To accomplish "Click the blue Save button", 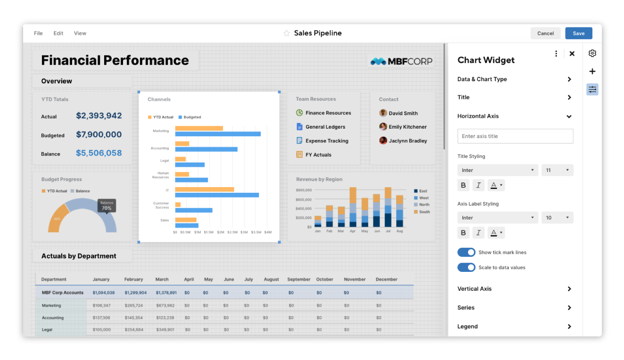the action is pyautogui.click(x=579, y=33).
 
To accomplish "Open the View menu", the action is pyautogui.click(x=80, y=33).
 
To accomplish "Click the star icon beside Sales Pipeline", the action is pyautogui.click(x=287, y=33).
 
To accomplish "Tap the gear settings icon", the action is pyautogui.click(x=592, y=53).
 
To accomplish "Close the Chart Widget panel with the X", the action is pyautogui.click(x=572, y=53).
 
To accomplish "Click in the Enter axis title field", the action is pyautogui.click(x=515, y=136).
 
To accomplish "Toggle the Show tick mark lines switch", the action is pyautogui.click(x=466, y=252).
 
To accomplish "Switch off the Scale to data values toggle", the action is pyautogui.click(x=466, y=267).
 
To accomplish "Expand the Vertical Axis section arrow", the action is pyautogui.click(x=569, y=289).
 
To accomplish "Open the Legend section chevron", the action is pyautogui.click(x=569, y=327).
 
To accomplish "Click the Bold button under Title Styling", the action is pyautogui.click(x=463, y=185).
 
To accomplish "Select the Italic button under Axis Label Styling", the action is pyautogui.click(x=478, y=233).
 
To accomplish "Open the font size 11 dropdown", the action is pyautogui.click(x=557, y=170).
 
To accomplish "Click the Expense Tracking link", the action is pyautogui.click(x=327, y=141).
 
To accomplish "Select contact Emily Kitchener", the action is pyautogui.click(x=408, y=127).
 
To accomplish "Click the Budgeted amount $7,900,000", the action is pyautogui.click(x=99, y=135).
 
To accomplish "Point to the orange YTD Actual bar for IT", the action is pyautogui.click(x=205, y=189).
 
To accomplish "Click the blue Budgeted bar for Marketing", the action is pyautogui.click(x=218, y=134).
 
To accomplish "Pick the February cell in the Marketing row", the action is pyautogui.click(x=134, y=305).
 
